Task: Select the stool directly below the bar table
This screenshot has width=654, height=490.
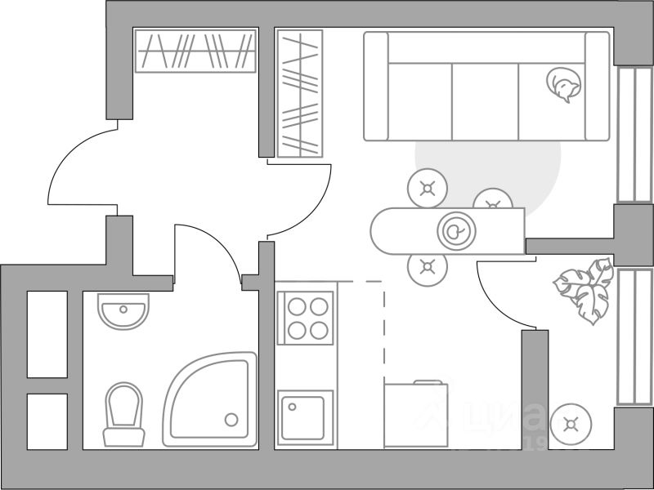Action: (427, 265)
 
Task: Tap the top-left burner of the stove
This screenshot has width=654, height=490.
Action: (296, 307)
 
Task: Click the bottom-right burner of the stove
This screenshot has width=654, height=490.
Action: (318, 329)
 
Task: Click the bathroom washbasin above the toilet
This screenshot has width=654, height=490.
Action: (123, 310)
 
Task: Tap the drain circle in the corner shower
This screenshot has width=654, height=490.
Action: (231, 420)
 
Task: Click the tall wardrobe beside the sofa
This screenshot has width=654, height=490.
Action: (300, 94)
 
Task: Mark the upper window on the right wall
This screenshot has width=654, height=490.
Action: (634, 135)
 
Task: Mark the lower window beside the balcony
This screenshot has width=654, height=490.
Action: (634, 336)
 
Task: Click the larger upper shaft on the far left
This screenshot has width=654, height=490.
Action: (47, 333)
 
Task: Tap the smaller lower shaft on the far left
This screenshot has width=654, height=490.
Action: (47, 421)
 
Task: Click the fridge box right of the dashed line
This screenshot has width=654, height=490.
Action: (417, 414)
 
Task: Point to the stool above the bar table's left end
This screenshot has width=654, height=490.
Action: (427, 189)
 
